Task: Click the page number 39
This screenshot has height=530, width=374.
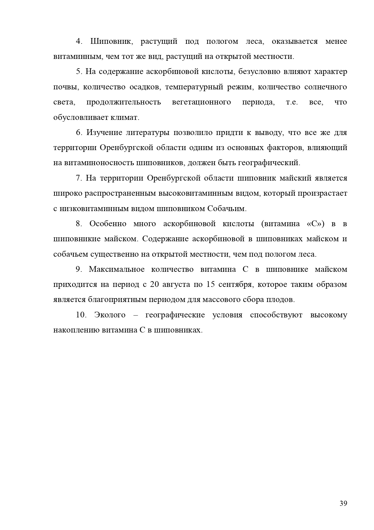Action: (343, 503)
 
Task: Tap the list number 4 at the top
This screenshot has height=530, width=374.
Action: (79, 41)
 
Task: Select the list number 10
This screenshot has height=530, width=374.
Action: (81, 315)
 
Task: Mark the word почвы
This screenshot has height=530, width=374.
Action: (64, 87)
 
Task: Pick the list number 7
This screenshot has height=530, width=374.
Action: (79, 178)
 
